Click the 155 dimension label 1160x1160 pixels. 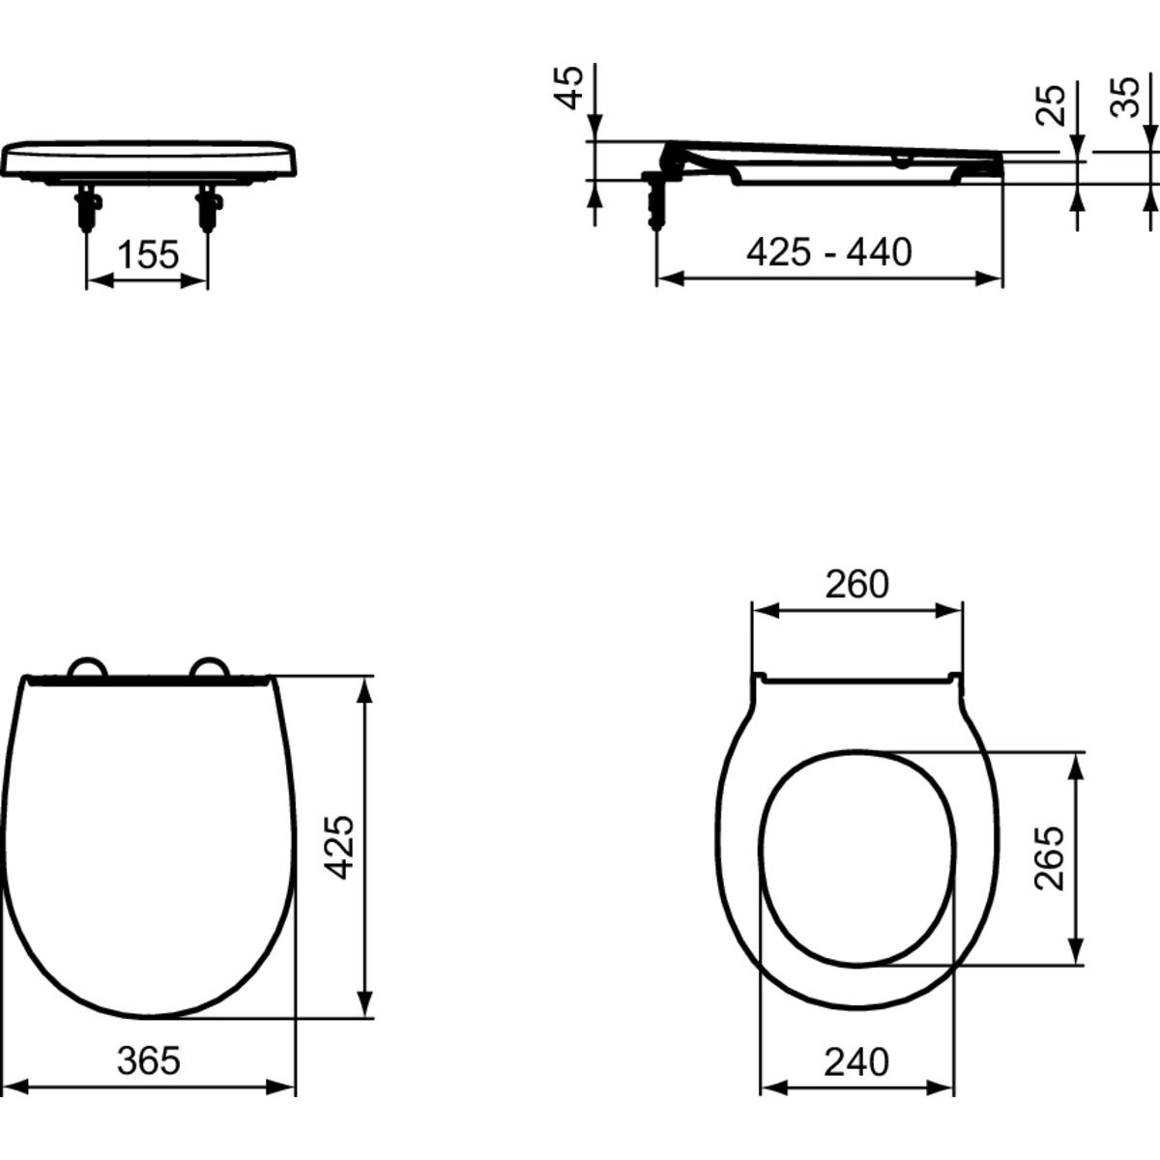(148, 254)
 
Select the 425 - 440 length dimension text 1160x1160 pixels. (828, 252)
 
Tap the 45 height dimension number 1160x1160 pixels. (568, 87)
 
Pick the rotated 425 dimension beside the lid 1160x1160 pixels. (338, 847)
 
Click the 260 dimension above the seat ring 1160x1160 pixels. (856, 584)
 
